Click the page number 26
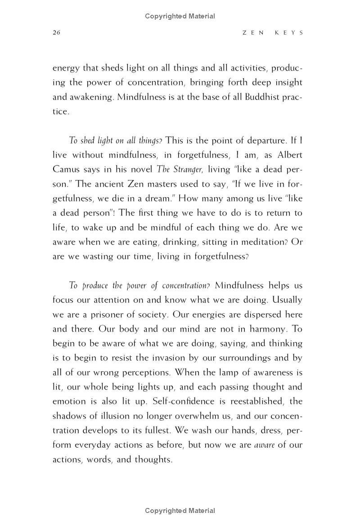[x=57, y=33]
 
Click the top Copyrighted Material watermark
[x=180, y=16]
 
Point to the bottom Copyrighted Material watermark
[x=180, y=511]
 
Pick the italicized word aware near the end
[x=264, y=445]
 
